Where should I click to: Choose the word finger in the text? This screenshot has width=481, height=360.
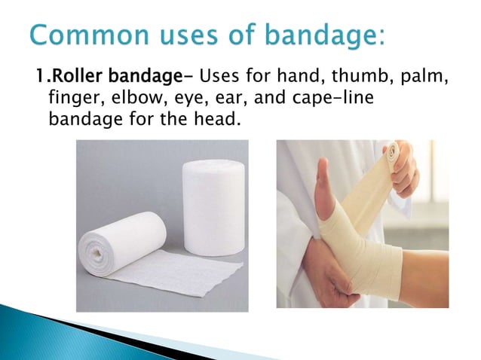69,97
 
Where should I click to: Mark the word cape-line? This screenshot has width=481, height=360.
332,97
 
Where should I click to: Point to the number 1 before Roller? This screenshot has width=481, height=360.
35,76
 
